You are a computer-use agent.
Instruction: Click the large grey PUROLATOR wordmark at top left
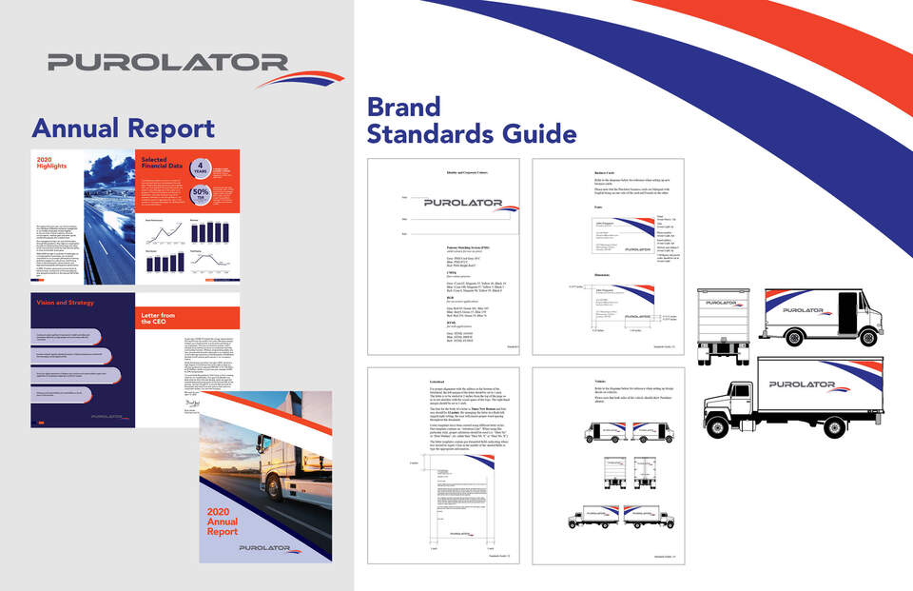point(167,64)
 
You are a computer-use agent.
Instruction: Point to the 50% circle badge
point(202,196)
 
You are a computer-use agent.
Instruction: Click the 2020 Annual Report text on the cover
point(223,523)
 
